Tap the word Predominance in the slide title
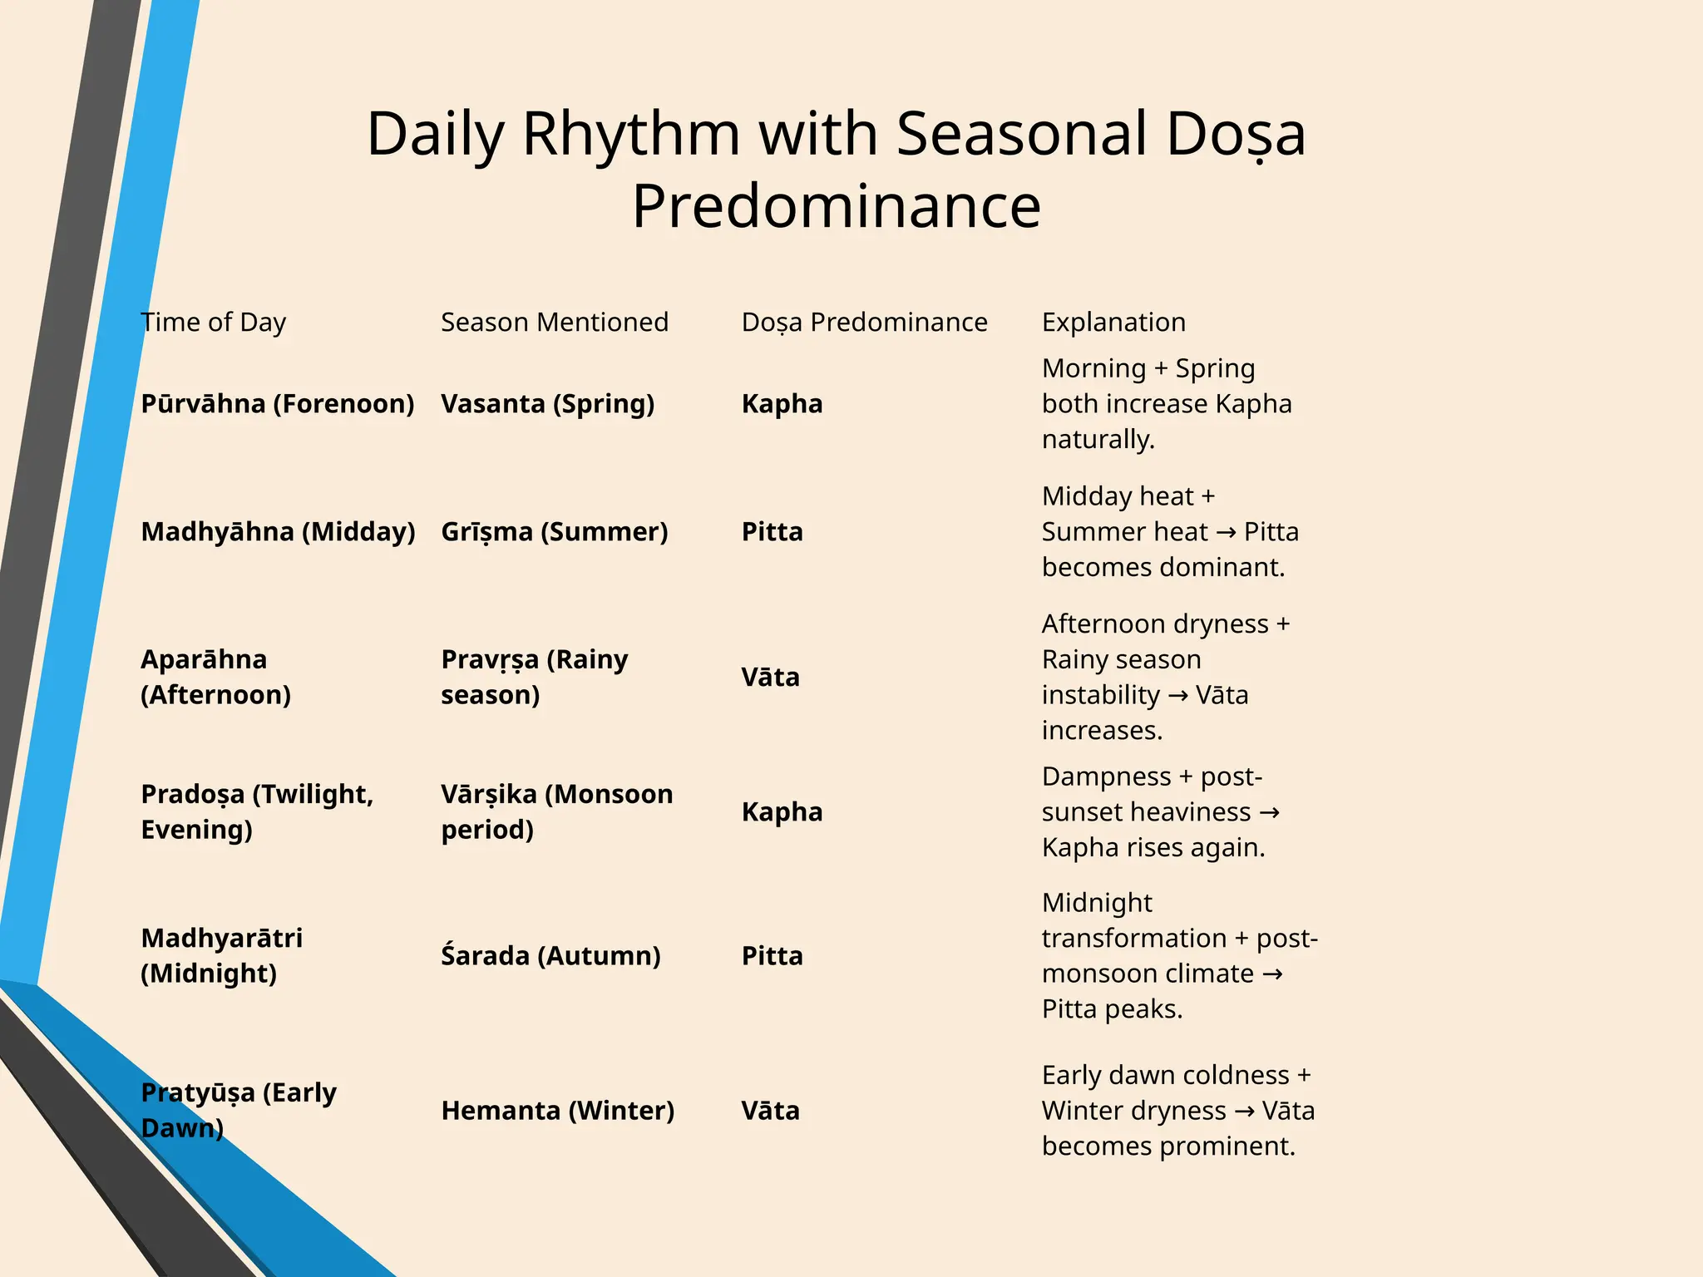(x=836, y=206)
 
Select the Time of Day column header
(x=213, y=323)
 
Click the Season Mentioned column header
(x=554, y=323)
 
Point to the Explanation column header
(x=1113, y=323)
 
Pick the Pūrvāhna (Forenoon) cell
(x=277, y=404)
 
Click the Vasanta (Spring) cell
(x=547, y=404)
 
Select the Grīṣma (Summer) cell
(x=554, y=532)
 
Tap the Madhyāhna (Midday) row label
(x=278, y=532)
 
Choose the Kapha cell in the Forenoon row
(x=782, y=404)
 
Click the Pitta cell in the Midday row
(x=772, y=532)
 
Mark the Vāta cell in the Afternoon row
(x=770, y=678)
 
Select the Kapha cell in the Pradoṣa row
(x=782, y=812)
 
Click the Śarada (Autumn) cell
(x=550, y=956)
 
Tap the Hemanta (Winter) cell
(x=557, y=1111)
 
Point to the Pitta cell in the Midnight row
(x=772, y=956)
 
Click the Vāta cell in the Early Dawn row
(x=770, y=1111)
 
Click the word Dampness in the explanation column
(x=1106, y=777)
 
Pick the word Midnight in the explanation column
(x=1097, y=903)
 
